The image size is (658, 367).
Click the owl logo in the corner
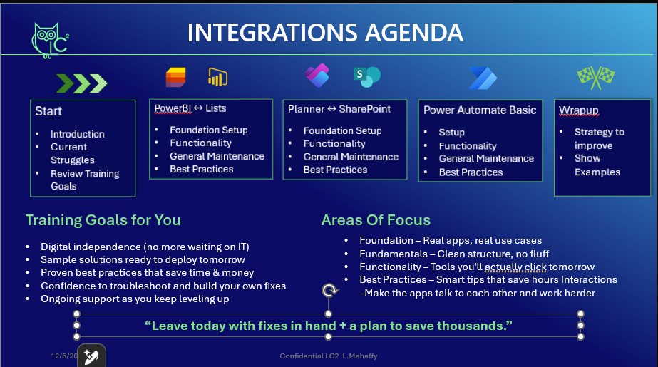50,41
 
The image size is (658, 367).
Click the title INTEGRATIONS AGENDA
325,33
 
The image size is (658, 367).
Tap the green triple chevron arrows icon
82,83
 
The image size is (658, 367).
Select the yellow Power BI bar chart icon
218,77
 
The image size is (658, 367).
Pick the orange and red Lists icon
176,77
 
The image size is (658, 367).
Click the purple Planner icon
317,76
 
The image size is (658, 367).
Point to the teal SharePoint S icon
366,77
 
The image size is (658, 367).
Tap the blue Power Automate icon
483,78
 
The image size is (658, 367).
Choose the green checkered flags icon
596,78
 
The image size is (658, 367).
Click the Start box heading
48,111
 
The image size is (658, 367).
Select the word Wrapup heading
579,110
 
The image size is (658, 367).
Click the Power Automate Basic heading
480,110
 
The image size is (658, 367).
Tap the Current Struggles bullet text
72,153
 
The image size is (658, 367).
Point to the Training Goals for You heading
103,220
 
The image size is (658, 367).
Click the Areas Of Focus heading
376,220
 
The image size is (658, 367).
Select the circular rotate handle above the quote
329,290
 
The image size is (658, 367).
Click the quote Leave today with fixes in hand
328,326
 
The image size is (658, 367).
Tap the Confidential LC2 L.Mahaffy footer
329,356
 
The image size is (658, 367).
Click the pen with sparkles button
92,356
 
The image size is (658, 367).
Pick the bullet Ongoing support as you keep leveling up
135,299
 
